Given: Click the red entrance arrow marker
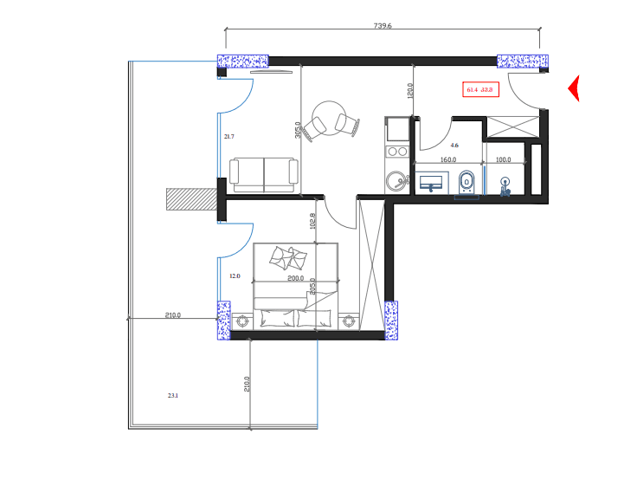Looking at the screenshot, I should pos(573,88).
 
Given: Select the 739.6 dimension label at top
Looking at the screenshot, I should pos(383,26).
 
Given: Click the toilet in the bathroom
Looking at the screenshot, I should pos(466,183).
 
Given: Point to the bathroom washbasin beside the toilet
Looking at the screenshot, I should pos(430,183).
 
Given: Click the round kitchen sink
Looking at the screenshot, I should pos(397,182).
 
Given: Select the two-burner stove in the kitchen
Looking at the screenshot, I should pos(397,152).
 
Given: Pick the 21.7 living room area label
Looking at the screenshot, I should pos(228,137).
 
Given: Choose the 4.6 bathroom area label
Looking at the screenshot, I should pos(454,146).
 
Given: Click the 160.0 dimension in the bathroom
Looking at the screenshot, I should pos(448,160).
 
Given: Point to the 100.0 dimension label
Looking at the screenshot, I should pos(503,160).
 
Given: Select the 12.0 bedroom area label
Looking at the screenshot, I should pos(234,276).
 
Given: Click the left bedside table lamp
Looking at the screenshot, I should pos(241,320).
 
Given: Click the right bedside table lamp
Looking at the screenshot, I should pos(350,320).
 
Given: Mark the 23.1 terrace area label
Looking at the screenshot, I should pos(173,396).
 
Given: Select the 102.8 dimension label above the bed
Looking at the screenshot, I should pos(312,222).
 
